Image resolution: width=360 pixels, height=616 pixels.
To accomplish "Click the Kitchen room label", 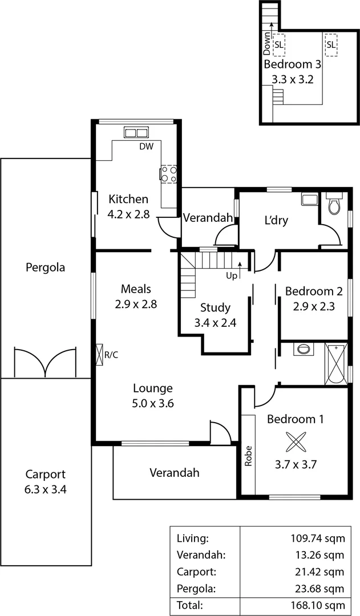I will pyautogui.click(x=128, y=199).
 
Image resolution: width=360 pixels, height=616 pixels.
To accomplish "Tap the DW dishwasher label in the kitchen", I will pyautogui.click(x=147, y=146).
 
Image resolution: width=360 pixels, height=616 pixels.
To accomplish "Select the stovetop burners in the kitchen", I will pyautogui.click(x=169, y=174).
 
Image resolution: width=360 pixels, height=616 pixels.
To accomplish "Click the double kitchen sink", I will pyautogui.click(x=136, y=133).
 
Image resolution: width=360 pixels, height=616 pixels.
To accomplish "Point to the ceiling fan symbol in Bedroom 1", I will pyautogui.click(x=296, y=442).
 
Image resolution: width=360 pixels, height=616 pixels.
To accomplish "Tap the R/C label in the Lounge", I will pyautogui.click(x=111, y=355).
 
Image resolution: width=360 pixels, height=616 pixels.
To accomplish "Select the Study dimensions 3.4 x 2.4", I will pyautogui.click(x=216, y=322).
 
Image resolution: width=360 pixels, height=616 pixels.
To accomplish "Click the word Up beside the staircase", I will pyautogui.click(x=232, y=275).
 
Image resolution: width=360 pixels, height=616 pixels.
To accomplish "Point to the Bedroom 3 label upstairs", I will pyautogui.click(x=292, y=64).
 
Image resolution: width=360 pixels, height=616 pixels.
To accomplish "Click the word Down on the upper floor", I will pyautogui.click(x=267, y=43).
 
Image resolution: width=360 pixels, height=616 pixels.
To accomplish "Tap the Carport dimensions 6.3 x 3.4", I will pyautogui.click(x=46, y=489).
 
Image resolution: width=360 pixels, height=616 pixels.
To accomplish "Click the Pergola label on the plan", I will pyautogui.click(x=46, y=267).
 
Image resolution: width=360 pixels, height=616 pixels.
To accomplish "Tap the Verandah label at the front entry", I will pyautogui.click(x=175, y=472).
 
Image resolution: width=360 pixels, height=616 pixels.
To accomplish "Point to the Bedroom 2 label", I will pyautogui.click(x=314, y=291).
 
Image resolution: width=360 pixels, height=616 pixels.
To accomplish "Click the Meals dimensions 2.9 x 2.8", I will pyautogui.click(x=136, y=304).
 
